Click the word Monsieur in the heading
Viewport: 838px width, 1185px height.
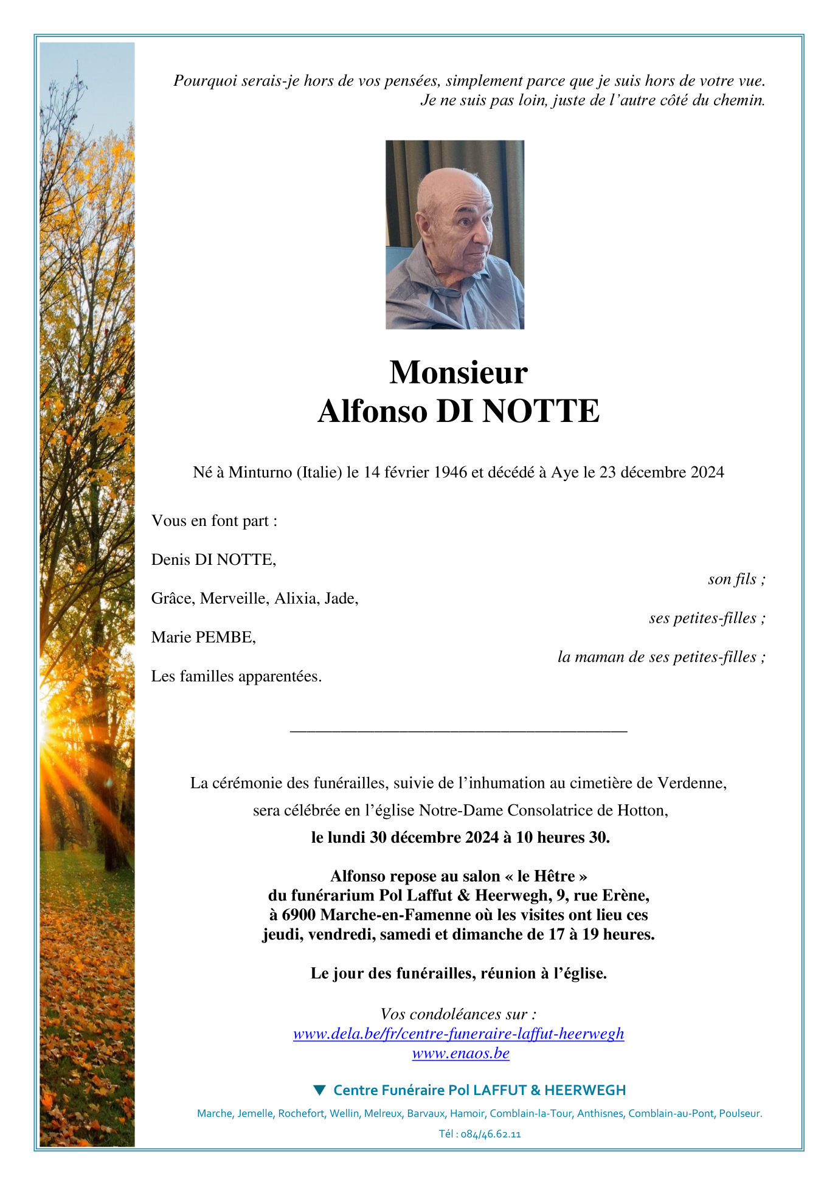[458, 372]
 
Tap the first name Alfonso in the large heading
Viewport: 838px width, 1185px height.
[372, 411]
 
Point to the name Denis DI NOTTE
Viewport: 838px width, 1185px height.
[213, 560]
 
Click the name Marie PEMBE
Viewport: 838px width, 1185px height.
[204, 638]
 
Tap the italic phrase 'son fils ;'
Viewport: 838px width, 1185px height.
[736, 579]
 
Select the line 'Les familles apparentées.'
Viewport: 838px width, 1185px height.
[237, 677]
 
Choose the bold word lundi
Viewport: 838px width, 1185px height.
[346, 838]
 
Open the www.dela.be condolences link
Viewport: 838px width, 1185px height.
[458, 1034]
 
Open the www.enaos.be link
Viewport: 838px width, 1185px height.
[460, 1054]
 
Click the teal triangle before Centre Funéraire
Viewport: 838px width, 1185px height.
[319, 1090]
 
